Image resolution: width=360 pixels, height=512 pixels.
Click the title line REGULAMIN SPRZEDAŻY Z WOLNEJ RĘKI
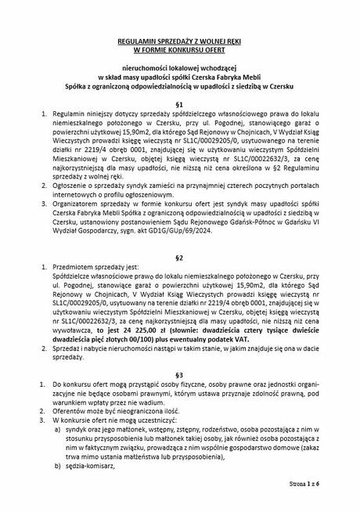pyautogui.click(x=179, y=38)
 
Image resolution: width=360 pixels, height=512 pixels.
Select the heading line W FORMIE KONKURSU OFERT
pyautogui.click(x=179, y=49)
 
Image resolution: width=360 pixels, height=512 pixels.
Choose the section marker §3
pyautogui.click(x=179, y=374)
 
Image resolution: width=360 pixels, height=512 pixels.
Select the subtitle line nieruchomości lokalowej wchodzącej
pyautogui.click(x=179, y=68)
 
